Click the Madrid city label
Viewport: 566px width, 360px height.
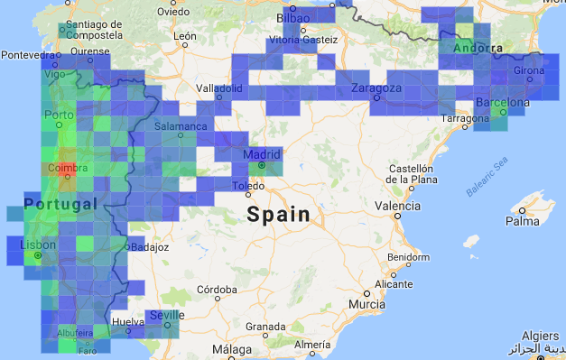[262, 154]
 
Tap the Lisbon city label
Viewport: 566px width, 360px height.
[38, 245]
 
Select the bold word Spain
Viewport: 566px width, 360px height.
[278, 216]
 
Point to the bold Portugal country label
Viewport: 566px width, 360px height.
[60, 205]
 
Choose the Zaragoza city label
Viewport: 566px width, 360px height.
[376, 88]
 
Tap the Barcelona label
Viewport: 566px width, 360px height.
[502, 103]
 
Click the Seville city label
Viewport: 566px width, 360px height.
[168, 315]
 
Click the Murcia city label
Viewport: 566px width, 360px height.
[367, 305]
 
